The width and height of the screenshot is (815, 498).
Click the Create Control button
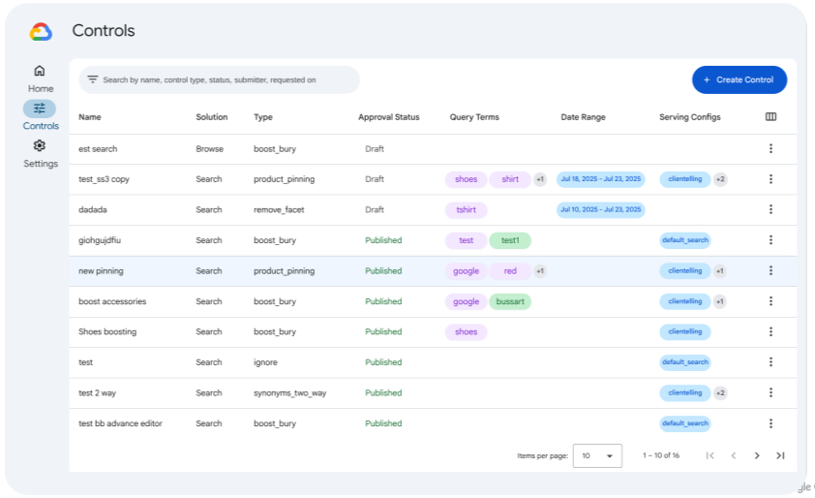[740, 79]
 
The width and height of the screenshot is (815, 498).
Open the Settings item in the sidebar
[40, 153]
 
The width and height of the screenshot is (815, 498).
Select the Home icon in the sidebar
[40, 71]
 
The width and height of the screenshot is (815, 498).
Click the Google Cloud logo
[41, 32]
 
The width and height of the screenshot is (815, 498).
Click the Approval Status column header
[388, 117]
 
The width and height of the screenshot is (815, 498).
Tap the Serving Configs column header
[690, 117]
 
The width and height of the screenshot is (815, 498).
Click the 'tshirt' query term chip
[466, 209]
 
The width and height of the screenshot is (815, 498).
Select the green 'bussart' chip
[510, 301]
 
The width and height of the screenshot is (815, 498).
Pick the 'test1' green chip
[510, 240]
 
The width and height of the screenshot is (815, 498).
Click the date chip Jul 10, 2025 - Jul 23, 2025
[600, 209]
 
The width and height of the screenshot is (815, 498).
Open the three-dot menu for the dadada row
[770, 209]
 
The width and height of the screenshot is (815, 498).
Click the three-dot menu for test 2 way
[770, 392]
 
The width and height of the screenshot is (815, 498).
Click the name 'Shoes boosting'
[107, 331]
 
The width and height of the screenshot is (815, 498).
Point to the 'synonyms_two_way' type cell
[290, 392]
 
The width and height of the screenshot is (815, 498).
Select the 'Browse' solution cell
[209, 148]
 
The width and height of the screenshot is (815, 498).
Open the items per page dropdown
[597, 455]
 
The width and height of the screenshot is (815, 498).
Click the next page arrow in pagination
[757, 455]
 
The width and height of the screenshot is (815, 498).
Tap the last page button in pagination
[780, 455]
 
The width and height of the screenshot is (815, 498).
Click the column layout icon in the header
[770, 117]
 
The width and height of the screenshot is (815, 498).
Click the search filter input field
[223, 79]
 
